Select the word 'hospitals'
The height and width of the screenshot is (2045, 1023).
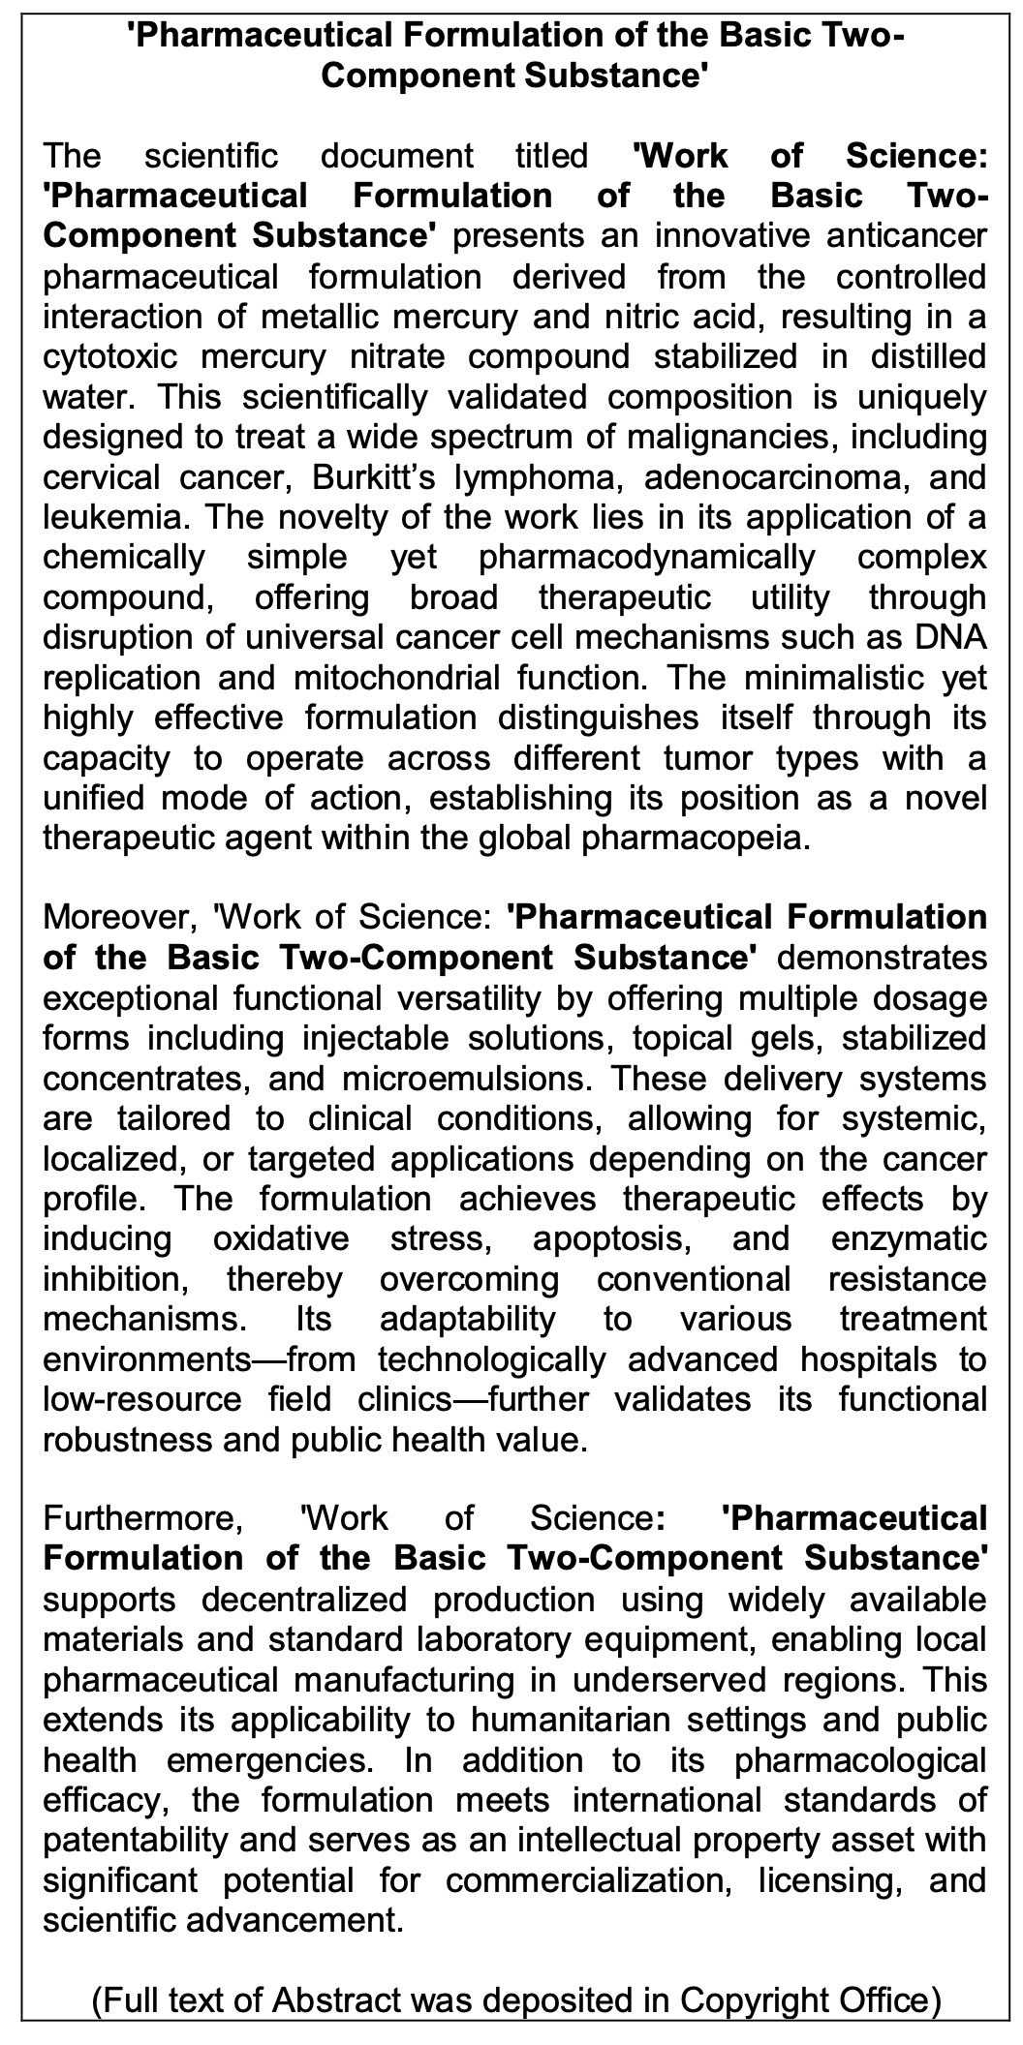coord(867,1358)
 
